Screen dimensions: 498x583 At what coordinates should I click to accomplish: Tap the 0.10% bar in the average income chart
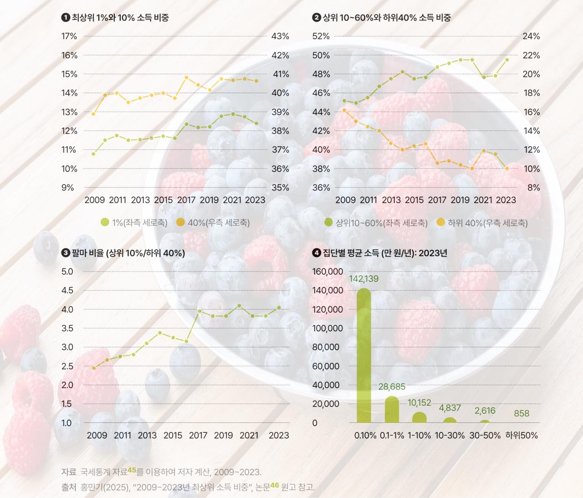(x=363, y=355)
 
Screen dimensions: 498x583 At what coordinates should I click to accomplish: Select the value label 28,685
(x=392, y=387)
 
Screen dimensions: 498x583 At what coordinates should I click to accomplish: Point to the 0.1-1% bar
(x=392, y=410)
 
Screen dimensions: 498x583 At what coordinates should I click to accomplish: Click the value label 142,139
(x=363, y=279)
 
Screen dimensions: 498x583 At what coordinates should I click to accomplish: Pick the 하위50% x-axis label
(x=522, y=436)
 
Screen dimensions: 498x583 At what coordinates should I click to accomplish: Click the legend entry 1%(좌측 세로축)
(x=134, y=223)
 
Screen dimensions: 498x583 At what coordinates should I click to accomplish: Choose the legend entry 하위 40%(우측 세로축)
(x=482, y=223)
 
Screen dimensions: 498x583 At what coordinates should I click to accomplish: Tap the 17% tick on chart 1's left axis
(x=69, y=36)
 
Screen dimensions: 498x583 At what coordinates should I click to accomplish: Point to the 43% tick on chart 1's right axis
(x=280, y=36)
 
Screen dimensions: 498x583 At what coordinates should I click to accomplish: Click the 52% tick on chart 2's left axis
(x=321, y=36)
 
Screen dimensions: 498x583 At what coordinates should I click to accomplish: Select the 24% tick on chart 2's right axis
(x=531, y=36)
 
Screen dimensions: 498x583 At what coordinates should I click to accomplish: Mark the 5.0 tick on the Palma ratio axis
(x=67, y=272)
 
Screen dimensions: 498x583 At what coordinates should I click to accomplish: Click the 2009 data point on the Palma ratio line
(x=94, y=368)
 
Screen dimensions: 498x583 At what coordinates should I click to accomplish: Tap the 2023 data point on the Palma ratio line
(x=279, y=308)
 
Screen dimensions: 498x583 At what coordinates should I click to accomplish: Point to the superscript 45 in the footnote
(x=132, y=470)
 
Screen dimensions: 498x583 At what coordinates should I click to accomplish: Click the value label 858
(x=522, y=414)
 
